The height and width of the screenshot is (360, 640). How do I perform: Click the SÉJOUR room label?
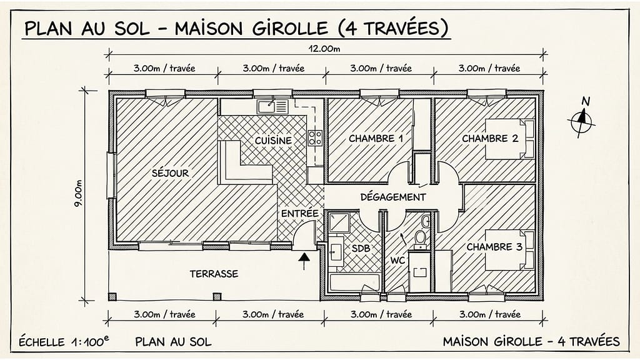click(x=170, y=173)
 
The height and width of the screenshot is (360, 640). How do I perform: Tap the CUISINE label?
click(x=273, y=141)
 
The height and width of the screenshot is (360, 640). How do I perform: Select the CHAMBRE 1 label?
click(x=376, y=138)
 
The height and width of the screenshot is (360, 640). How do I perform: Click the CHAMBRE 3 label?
click(x=494, y=247)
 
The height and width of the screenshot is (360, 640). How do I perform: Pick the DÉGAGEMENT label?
click(x=393, y=197)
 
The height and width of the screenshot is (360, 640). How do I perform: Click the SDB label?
click(x=361, y=249)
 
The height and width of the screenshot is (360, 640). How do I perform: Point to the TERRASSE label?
click(x=214, y=274)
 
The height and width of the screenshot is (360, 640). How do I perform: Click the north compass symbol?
click(x=582, y=119)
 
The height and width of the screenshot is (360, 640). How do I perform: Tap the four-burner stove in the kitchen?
click(x=315, y=137)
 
